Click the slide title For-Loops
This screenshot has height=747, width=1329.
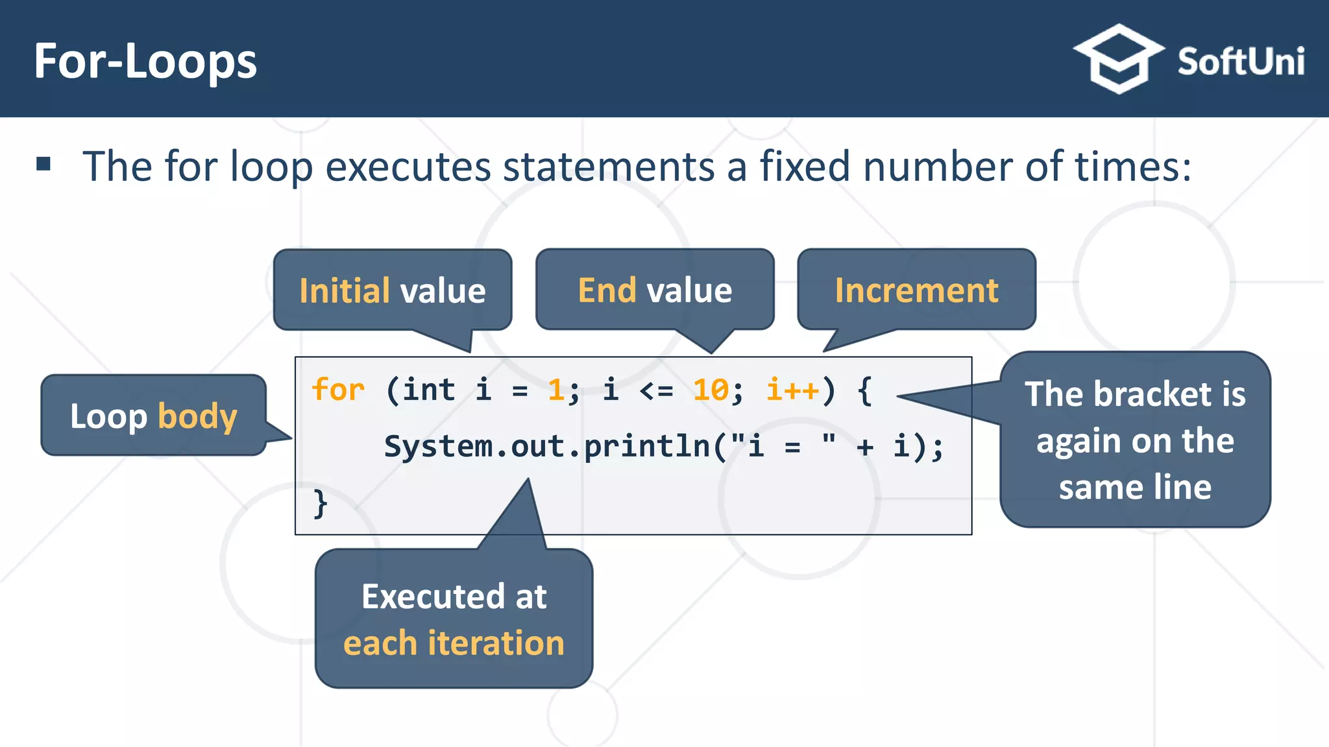click(145, 62)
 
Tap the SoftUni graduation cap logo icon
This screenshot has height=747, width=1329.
click(1118, 59)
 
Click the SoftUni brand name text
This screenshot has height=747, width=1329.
click(1241, 62)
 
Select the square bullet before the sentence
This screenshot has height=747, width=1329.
click(43, 163)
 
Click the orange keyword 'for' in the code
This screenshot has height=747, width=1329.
click(338, 390)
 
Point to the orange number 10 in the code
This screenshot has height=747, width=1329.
click(711, 390)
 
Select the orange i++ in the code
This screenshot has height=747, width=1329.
click(792, 390)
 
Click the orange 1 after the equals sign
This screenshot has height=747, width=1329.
click(555, 390)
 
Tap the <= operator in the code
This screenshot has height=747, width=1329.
click(656, 390)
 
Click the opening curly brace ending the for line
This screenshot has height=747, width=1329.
click(864, 390)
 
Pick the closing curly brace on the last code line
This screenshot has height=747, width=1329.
click(320, 503)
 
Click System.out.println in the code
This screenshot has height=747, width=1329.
click(547, 447)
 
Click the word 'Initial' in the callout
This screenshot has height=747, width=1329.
click(345, 290)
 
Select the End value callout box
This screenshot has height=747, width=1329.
click(655, 290)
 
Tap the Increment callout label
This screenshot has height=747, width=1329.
click(916, 290)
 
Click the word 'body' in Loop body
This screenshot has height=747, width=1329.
click(197, 416)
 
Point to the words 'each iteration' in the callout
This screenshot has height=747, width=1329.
click(454, 643)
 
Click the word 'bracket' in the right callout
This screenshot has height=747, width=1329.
click(1152, 394)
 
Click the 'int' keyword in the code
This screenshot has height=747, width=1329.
click(429, 390)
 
